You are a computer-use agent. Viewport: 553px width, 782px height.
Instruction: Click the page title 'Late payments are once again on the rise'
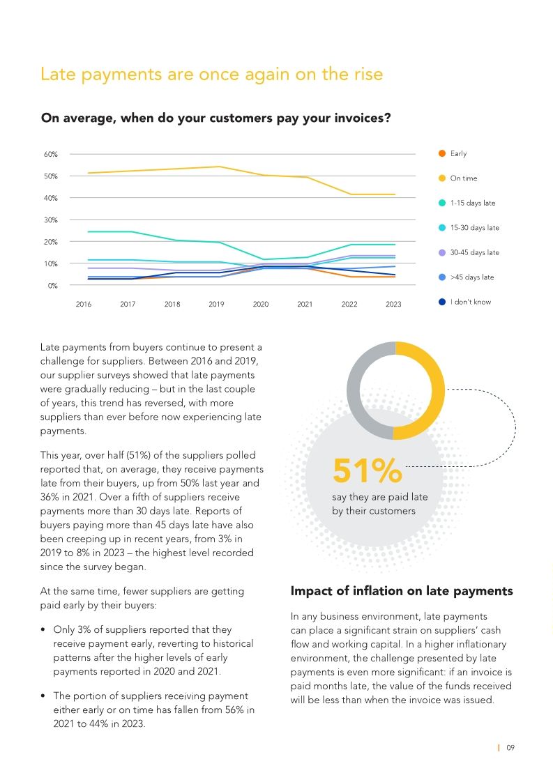coord(211,74)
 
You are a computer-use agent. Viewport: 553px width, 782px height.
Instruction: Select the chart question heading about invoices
coord(215,118)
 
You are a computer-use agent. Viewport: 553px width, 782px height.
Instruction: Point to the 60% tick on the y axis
coord(52,154)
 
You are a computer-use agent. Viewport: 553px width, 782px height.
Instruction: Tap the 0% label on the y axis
coord(53,286)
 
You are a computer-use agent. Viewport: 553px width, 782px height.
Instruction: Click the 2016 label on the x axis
coord(83,305)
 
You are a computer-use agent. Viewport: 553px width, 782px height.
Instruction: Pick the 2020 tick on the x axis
coord(260,305)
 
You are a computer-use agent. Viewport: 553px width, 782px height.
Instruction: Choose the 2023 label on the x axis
coord(393,305)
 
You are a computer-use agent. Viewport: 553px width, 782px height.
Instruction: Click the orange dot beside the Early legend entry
coord(441,153)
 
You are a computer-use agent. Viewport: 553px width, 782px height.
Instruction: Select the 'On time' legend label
coord(464,178)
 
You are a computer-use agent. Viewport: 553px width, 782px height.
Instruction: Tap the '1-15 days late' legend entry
coord(472,203)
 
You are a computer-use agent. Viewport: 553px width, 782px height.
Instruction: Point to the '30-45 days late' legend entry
coord(474,252)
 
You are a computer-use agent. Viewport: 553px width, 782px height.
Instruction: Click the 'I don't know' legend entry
coord(470,302)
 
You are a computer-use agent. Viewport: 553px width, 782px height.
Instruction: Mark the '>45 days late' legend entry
coord(471,277)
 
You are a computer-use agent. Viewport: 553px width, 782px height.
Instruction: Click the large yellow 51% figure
coord(368,471)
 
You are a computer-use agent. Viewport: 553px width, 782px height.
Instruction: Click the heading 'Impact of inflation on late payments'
coord(401,591)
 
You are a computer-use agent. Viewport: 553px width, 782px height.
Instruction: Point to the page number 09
coord(510,748)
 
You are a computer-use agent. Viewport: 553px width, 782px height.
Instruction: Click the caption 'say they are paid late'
coord(379,497)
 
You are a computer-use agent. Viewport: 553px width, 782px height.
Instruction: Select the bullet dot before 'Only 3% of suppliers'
coord(45,630)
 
